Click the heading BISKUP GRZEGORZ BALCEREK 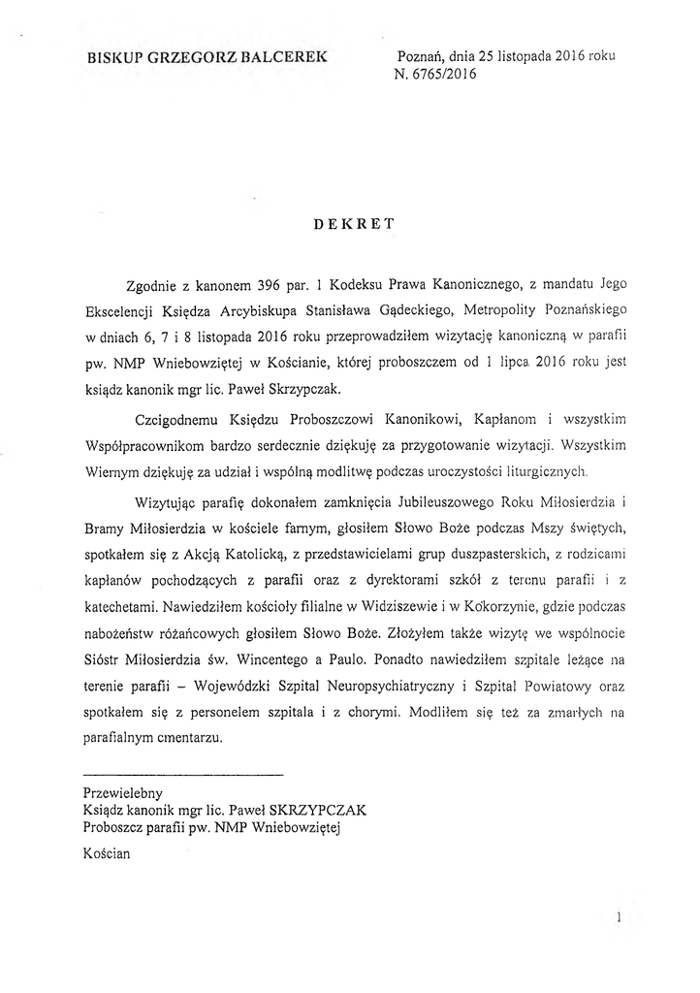click(207, 57)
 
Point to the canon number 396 click(269, 285)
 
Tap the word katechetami click(126, 606)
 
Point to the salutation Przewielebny click(123, 792)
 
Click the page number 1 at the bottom click(618, 914)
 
